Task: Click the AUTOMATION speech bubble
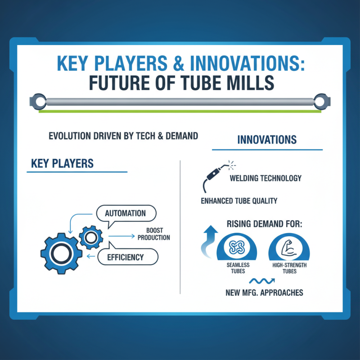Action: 126,213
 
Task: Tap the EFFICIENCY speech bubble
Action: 128,256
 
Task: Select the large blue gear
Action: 62,253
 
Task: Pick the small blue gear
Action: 91,238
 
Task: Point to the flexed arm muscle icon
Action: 289,249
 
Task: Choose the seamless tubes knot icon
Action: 237,247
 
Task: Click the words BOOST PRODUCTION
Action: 154,234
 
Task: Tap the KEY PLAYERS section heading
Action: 62,163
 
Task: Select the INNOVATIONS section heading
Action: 267,139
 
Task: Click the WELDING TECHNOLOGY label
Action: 265,178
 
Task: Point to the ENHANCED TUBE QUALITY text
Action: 239,201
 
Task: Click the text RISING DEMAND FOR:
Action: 265,224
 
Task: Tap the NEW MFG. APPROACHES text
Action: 264,292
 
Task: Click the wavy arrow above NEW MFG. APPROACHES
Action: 262,281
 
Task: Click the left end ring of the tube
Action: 38,102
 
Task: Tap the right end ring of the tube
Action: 322,102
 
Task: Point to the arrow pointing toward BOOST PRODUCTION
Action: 121,236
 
